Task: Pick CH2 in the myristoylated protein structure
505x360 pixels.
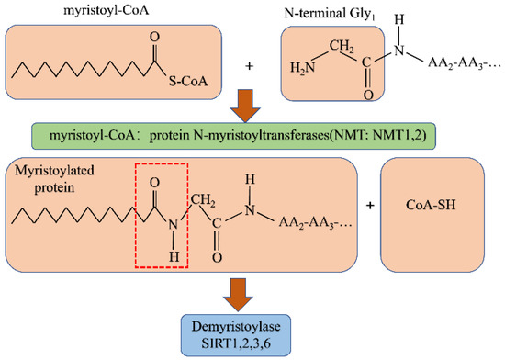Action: (204, 190)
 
